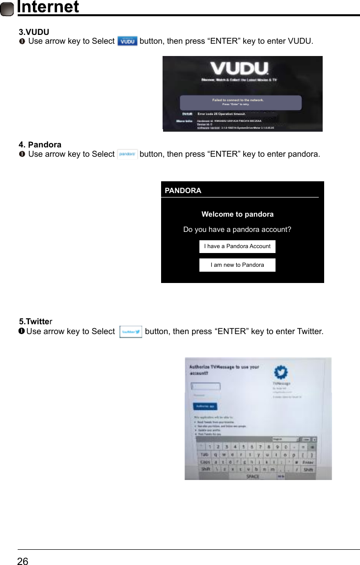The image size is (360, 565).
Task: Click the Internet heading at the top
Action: point(48,7)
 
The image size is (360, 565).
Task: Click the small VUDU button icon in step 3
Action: point(128,41)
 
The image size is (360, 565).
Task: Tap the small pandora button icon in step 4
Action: point(128,154)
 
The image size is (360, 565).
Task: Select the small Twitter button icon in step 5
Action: point(131,332)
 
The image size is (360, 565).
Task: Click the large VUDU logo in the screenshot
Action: point(240,68)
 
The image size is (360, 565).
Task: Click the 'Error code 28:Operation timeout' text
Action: point(222,113)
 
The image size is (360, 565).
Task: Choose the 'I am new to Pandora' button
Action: point(237,265)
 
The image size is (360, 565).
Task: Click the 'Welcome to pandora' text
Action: point(237,214)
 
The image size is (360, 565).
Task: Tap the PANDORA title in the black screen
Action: point(183,191)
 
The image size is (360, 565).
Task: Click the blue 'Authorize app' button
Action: point(204,406)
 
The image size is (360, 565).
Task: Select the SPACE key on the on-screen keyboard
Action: point(252,476)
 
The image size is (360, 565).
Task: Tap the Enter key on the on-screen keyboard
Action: point(308,462)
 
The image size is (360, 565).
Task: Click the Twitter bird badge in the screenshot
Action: point(281,372)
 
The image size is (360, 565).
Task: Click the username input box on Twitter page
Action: point(206,386)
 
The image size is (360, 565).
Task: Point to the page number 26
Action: point(23,561)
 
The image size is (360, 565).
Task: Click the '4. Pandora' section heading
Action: point(40,144)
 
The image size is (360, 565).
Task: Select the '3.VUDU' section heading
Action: point(33,32)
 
